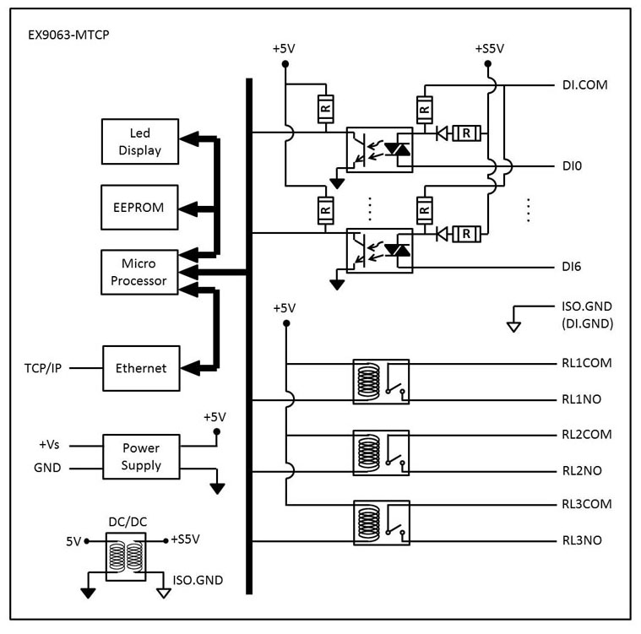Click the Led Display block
pos(140,142)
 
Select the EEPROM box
pos(139,207)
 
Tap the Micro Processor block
pos(139,272)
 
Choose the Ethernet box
pos(141,368)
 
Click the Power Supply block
pos(141,457)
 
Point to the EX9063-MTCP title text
pos(68,35)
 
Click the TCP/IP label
pos(43,368)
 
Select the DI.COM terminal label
pos(585,85)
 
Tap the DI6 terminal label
pos(572,267)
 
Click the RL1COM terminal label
pos(587,363)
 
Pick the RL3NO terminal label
pos(582,540)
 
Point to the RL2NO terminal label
pos(582,470)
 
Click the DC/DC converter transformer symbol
pos(126,556)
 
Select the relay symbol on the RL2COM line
pos(381,452)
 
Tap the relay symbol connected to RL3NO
pos(382,523)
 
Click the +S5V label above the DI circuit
pos(489,49)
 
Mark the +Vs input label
pos(49,445)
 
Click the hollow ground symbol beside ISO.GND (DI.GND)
pos(513,327)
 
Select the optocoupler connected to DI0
pos(379,149)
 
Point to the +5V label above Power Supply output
pos(215,417)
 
